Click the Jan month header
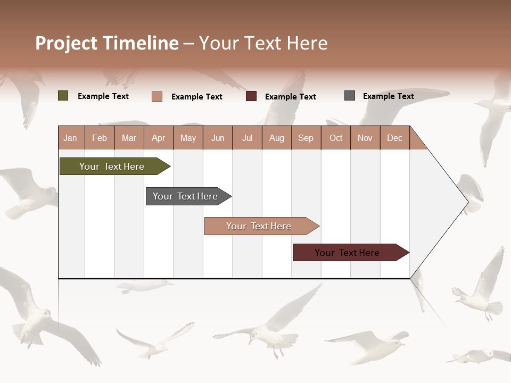coord(70,138)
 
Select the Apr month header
coord(158,138)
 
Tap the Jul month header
coord(247,138)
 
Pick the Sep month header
coord(306,138)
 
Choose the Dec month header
coord(394,138)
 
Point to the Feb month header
coord(100,138)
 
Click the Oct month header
coord(336,138)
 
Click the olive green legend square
coord(63,96)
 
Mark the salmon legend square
coord(157,96)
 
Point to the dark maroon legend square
coord(251,96)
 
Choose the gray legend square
coord(350,96)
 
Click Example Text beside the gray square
coord(388,96)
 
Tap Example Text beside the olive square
coord(103,96)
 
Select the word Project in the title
coord(67,43)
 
